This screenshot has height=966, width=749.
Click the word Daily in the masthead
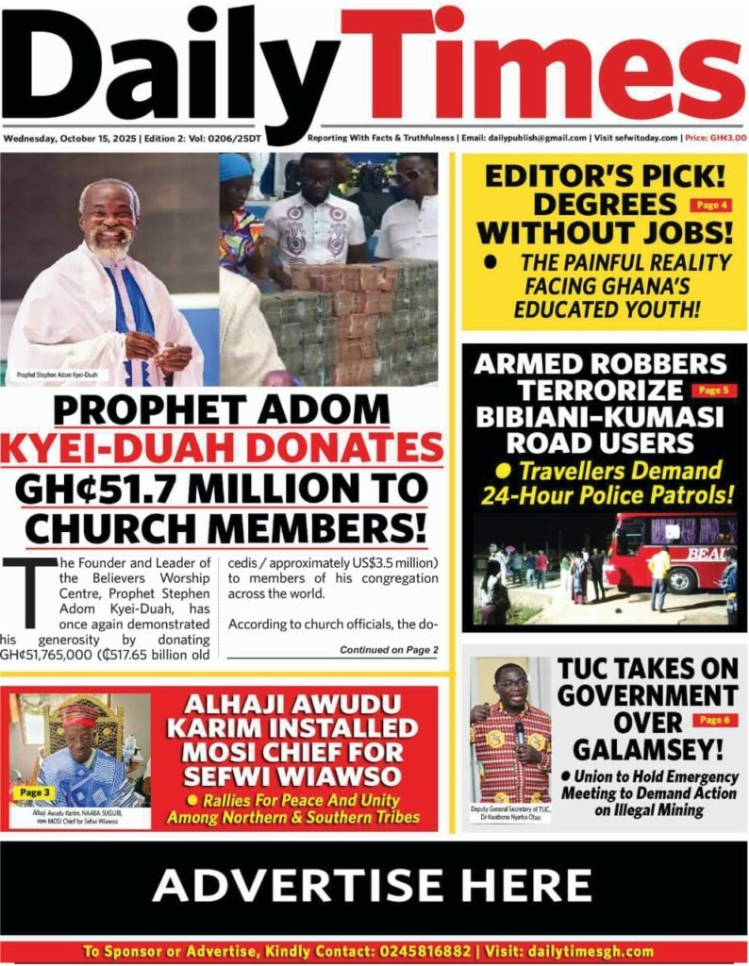point(170,66)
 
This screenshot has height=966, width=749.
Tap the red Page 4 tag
point(710,205)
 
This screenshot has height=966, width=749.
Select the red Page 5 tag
point(713,390)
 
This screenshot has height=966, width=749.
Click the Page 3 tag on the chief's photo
point(35,793)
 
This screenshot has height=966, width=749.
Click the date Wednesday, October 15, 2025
point(69,138)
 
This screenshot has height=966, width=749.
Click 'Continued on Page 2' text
point(388,650)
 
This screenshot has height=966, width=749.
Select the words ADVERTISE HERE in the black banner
point(373,886)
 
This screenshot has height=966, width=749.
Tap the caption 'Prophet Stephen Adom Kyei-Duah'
point(57,375)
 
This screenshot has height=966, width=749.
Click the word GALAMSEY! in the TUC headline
point(647,750)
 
